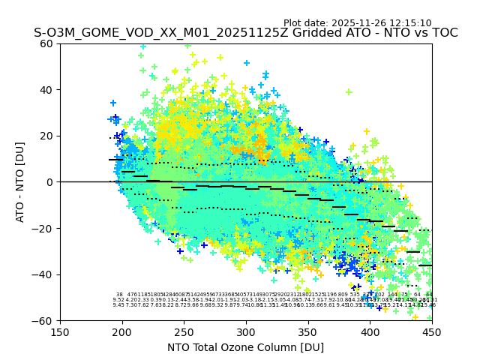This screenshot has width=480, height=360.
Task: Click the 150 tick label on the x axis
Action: point(60,332)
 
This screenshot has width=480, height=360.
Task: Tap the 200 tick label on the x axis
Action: point(122,332)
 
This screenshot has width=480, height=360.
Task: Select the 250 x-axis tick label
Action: point(184,332)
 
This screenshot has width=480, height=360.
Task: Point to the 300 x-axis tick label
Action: point(246,332)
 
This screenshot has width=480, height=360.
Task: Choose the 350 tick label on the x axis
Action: point(308,332)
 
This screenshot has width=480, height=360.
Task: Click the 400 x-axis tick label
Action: point(370,332)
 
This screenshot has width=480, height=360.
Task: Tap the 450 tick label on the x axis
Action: point(432,332)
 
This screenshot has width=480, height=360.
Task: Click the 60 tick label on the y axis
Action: point(47,43)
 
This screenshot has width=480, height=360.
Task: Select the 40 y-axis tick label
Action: point(47,90)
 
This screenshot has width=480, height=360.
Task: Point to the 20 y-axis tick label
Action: point(47,136)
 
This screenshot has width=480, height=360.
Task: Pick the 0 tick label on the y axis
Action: point(50,182)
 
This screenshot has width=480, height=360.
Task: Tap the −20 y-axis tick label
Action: point(44,228)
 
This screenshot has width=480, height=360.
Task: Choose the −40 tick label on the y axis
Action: point(44,274)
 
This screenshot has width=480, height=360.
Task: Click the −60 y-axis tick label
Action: point(44,320)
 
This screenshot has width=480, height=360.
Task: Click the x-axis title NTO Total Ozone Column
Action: point(245,347)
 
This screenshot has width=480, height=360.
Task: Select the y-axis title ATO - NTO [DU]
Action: point(20,182)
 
